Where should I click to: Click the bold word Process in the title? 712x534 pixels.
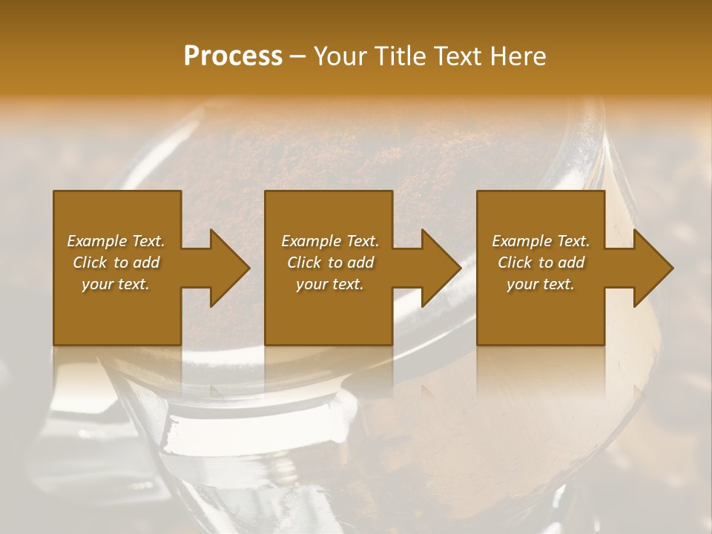233,56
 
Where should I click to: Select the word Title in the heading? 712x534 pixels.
400,56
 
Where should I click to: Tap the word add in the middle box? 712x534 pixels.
360,263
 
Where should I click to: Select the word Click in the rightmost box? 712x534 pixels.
515,263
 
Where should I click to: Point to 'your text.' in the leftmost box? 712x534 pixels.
116,284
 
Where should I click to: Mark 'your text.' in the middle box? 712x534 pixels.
330,284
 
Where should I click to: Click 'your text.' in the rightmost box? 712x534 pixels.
541,284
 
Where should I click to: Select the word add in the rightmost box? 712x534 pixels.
571,263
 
